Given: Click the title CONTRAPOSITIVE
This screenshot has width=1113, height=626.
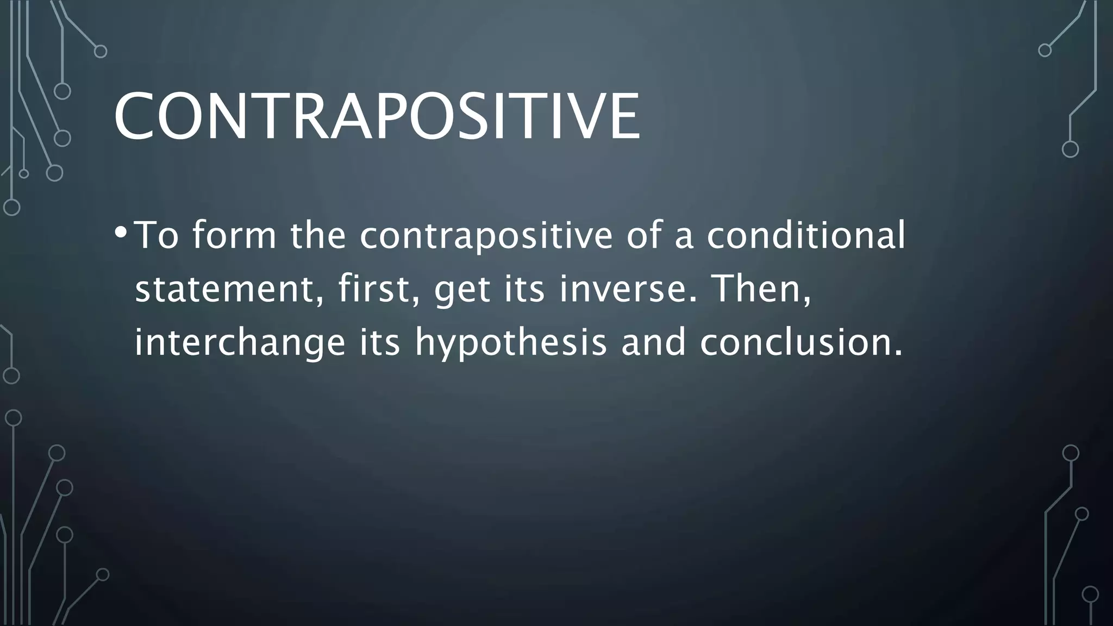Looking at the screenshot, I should [377, 116].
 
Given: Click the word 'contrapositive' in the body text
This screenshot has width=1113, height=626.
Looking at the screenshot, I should [486, 235].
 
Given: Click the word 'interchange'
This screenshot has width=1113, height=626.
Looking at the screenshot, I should [240, 342].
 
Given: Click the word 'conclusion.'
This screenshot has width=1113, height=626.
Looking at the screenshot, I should [801, 342].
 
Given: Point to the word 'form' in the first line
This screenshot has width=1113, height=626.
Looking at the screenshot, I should [234, 235].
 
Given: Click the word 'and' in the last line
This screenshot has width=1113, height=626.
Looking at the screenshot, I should [653, 342].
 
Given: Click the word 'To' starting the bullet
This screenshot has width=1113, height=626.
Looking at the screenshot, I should [157, 235].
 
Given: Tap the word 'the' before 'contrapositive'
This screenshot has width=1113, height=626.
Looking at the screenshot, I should [318, 235].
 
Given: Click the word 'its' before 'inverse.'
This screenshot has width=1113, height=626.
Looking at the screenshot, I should [524, 289].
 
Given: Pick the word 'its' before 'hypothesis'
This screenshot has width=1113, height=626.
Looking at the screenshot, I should [380, 342].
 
